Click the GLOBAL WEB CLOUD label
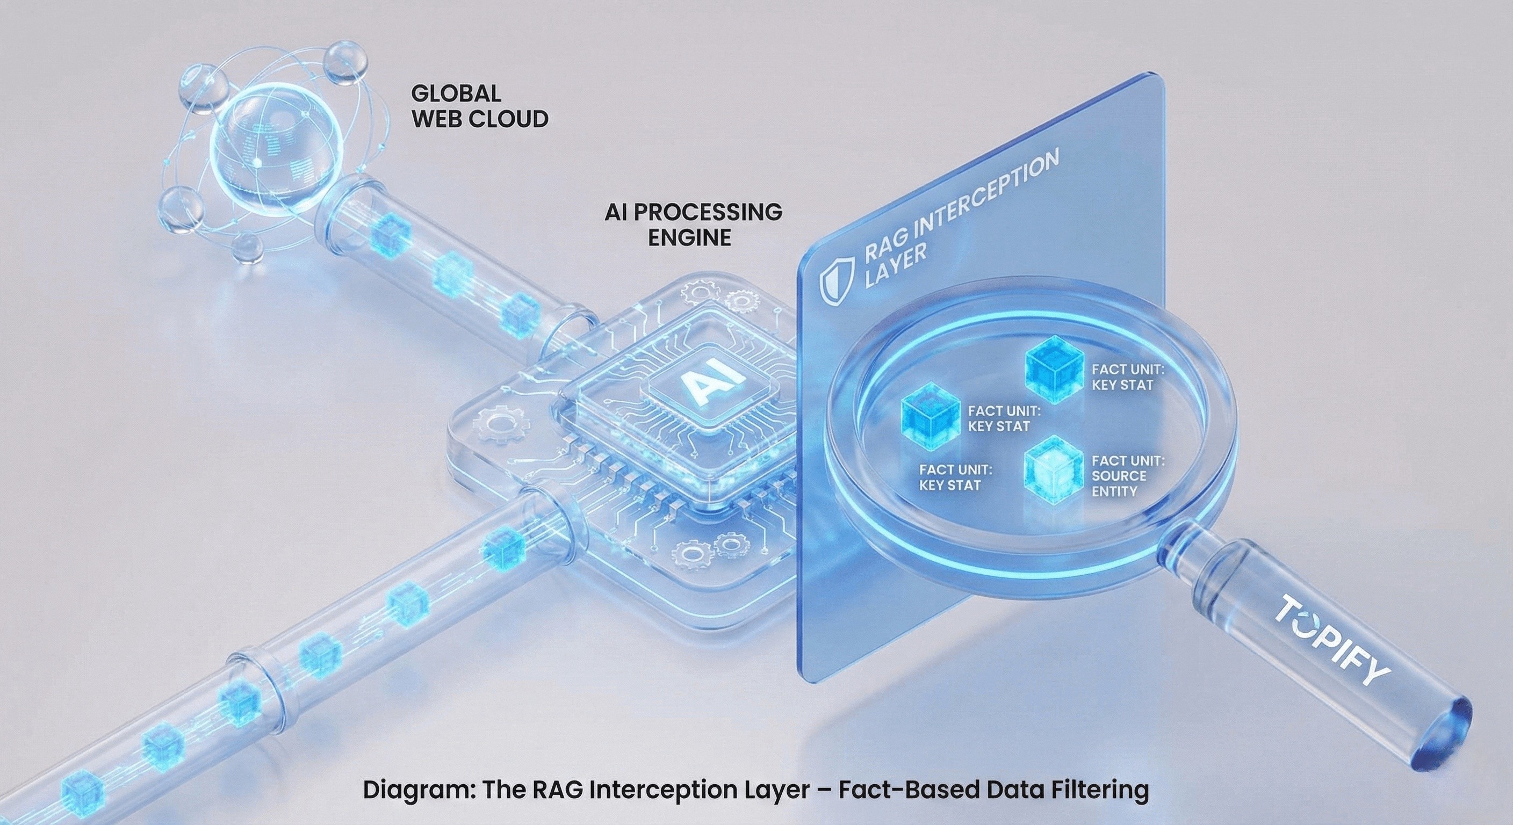pyautogui.click(x=479, y=106)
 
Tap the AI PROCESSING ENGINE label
pyautogui.click(x=693, y=225)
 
